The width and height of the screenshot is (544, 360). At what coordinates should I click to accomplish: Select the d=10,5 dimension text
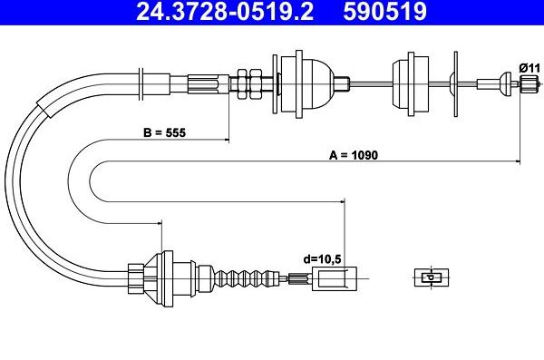[322, 258]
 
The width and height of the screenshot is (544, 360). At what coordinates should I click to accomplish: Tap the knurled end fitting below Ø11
[528, 85]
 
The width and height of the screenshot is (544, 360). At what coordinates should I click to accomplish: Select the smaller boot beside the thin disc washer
[405, 84]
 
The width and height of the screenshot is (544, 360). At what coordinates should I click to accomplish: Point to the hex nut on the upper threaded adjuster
[242, 84]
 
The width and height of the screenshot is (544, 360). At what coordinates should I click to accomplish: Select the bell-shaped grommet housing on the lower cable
[172, 275]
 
